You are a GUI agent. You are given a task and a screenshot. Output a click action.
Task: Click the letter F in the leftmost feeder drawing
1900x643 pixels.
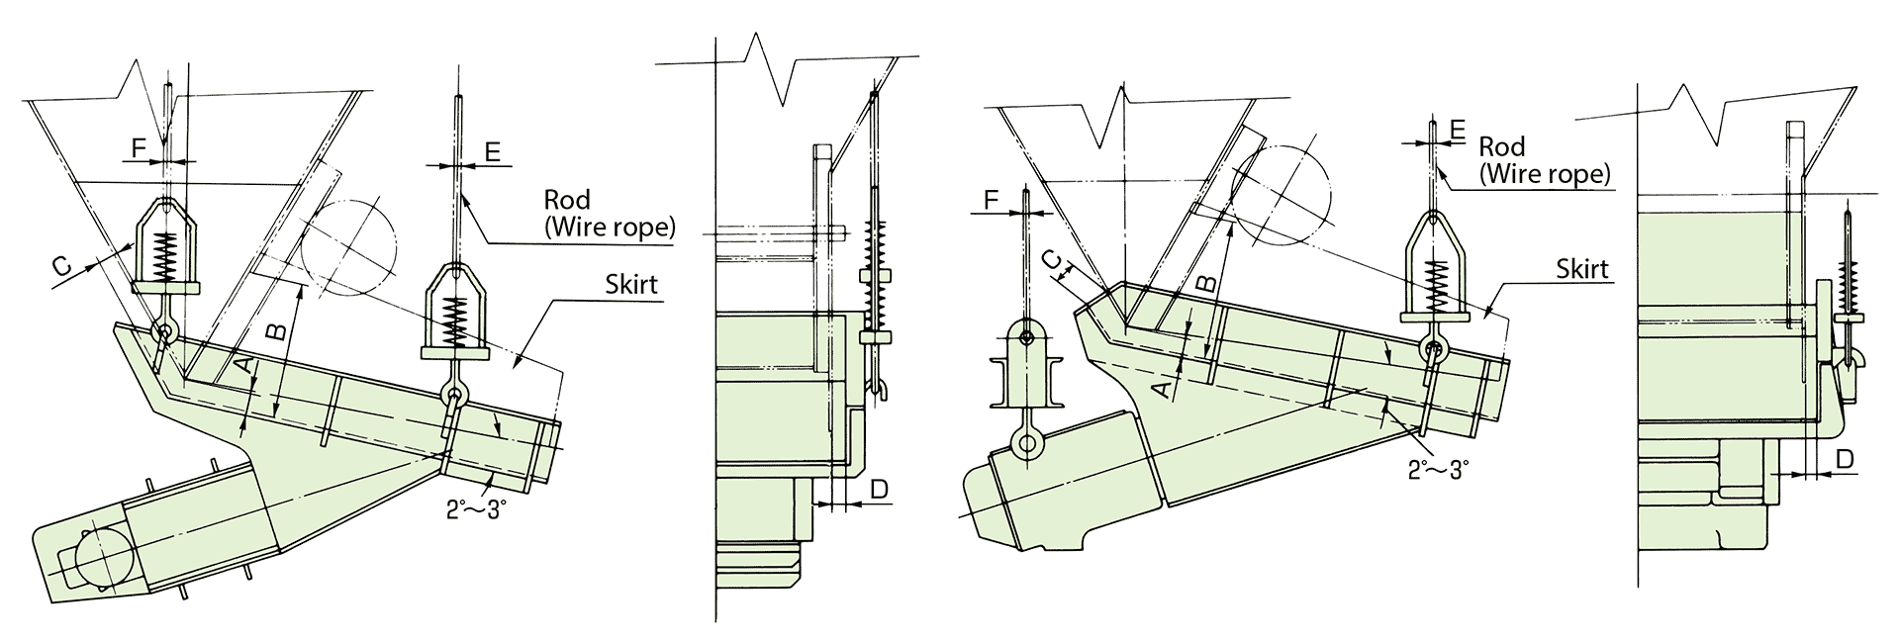(x=139, y=148)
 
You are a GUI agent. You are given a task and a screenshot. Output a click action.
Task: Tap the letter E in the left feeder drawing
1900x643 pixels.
(x=493, y=150)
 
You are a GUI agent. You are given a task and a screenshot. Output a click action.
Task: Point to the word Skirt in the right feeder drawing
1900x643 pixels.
(x=1581, y=268)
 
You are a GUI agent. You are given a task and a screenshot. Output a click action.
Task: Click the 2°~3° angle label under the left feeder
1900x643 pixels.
(x=482, y=509)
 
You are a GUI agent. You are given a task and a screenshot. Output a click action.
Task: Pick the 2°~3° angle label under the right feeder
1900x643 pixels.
(x=1438, y=469)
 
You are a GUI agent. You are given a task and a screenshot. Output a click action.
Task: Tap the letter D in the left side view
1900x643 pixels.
(x=879, y=488)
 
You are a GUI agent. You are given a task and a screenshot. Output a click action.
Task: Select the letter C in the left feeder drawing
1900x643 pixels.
(x=61, y=265)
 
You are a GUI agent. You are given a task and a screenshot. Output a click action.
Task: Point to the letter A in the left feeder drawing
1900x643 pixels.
(x=243, y=366)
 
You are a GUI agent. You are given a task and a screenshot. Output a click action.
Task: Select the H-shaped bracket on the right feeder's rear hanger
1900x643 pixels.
(x=1027, y=381)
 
